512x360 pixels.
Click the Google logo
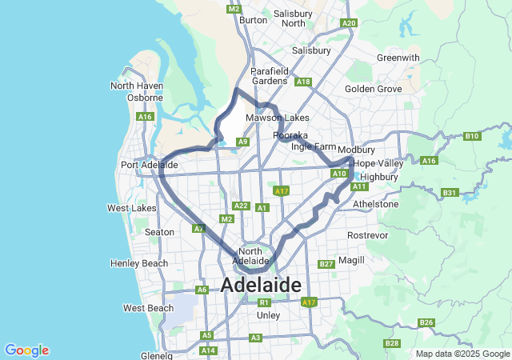click(26, 350)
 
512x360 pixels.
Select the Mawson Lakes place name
click(277, 118)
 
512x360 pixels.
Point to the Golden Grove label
click(373, 89)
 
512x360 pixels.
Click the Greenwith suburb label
click(398, 58)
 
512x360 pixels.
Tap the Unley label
click(268, 315)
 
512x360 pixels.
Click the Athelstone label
click(375, 204)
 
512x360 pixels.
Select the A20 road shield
click(349, 23)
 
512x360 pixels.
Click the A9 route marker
click(242, 142)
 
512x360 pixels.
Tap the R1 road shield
click(264, 302)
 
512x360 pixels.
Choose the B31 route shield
click(449, 193)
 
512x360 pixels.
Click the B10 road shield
click(471, 136)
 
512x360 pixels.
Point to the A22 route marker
click(242, 206)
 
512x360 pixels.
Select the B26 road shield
click(426, 323)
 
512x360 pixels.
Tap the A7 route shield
click(198, 229)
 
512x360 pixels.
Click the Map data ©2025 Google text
click(462, 354)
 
